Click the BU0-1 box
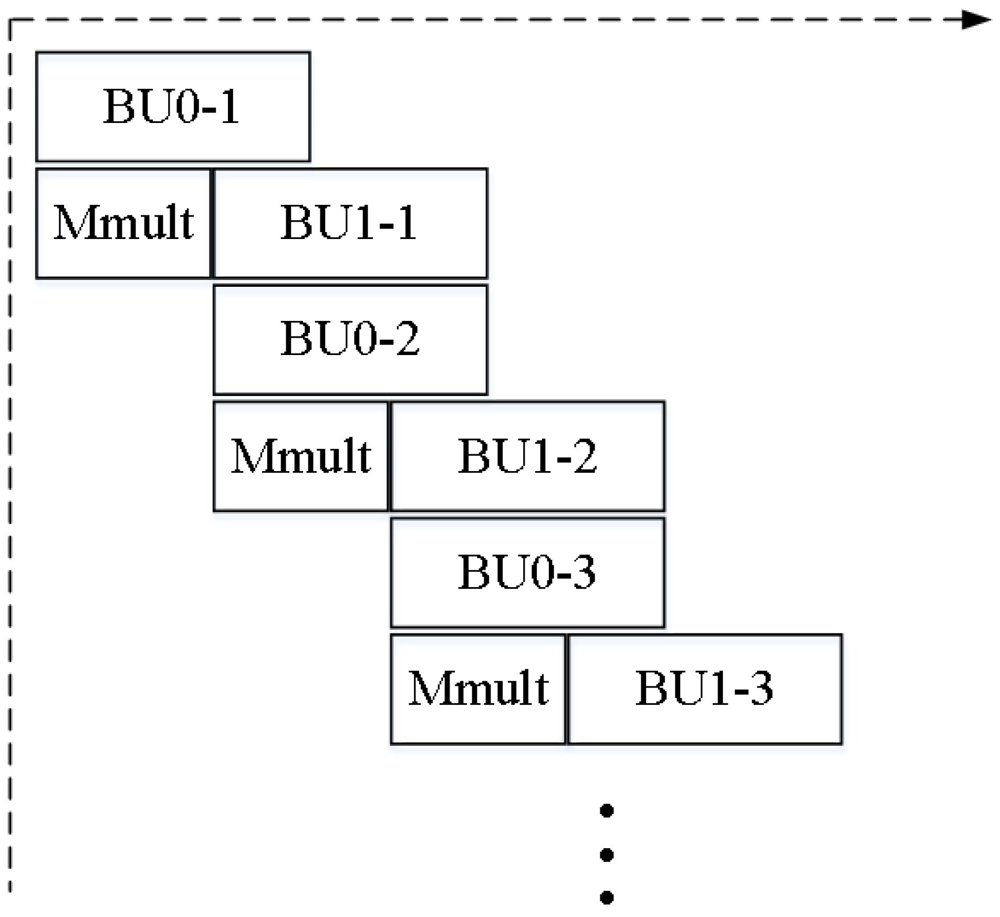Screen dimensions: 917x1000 (173, 107)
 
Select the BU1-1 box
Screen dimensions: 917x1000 (350, 223)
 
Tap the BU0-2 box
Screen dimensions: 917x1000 (350, 340)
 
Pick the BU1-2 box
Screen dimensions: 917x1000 (527, 456)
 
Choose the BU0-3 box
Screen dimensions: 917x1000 (527, 572)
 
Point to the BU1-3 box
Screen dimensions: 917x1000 (705, 689)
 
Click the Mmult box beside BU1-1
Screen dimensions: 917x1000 (123, 223)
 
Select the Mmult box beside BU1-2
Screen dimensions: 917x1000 (300, 456)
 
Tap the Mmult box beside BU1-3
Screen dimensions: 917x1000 (478, 689)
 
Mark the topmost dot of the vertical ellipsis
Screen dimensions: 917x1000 (607, 811)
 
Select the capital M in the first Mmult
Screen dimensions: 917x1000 (70, 223)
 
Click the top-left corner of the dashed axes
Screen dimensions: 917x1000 (10, 20)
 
